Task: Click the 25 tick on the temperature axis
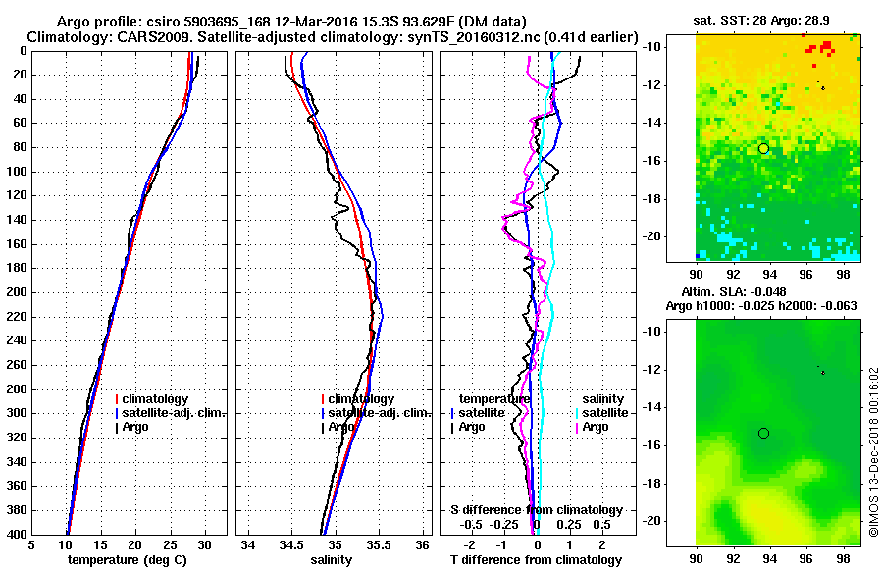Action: coord(170,545)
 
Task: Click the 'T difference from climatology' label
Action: coord(537,559)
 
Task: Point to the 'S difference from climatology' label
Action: coord(537,510)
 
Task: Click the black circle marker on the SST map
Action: coord(763,148)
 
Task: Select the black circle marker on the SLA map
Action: coord(763,433)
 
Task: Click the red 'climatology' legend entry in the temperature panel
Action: coord(157,399)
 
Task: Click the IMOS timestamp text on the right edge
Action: coord(872,451)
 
